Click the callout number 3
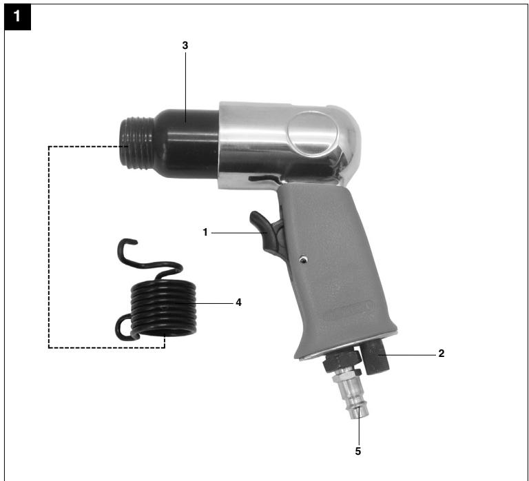tap(185, 45)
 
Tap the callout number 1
tap(205, 232)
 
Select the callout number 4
tap(238, 303)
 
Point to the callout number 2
tap(442, 354)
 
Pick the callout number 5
tap(358, 451)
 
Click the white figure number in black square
tap(17, 17)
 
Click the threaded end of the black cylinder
tap(136, 143)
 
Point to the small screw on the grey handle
tap(304, 259)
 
